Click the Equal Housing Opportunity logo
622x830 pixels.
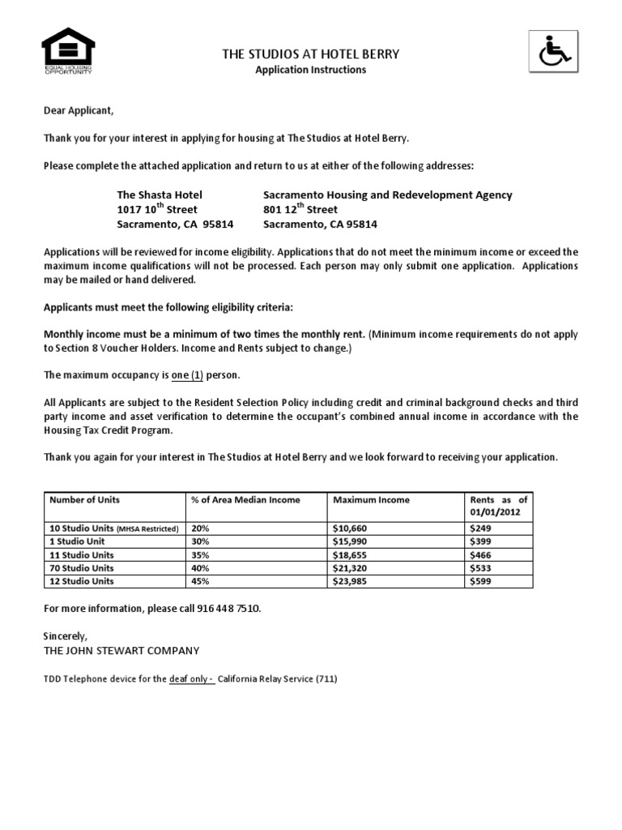69,51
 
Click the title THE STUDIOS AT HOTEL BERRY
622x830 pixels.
311,54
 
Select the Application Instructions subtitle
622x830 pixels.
311,70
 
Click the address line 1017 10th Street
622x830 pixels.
159,209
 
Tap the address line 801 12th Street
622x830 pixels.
301,209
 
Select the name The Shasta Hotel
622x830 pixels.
160,195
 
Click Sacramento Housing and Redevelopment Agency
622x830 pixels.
388,195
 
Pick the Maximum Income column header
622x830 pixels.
371,500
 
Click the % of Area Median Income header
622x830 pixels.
245,500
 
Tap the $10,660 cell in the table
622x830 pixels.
349,528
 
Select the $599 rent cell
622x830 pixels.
479,581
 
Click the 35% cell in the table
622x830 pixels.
201,555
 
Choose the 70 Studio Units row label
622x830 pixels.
82,568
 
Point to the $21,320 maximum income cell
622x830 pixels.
349,568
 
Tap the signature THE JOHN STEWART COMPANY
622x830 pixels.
121,650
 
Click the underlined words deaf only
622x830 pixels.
191,679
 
